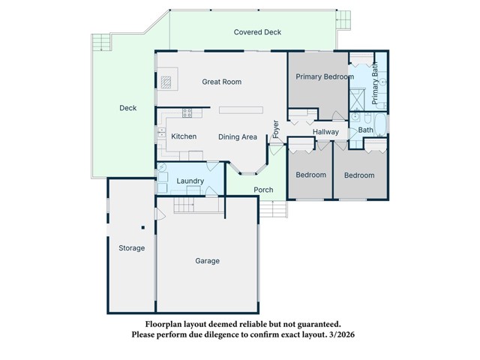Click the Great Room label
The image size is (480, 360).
pos(222,82)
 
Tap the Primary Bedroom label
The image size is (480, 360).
pos(325,77)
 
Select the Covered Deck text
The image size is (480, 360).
pos(257,32)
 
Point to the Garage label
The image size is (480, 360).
pos(208,261)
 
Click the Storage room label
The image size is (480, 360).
pos(131,248)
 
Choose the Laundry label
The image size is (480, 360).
pos(190,181)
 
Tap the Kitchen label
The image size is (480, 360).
pos(184,136)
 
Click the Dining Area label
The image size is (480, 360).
pos(238,137)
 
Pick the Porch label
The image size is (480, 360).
pos(263,190)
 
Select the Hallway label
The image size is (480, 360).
pos(326,133)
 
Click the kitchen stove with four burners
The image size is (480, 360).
pos(187,113)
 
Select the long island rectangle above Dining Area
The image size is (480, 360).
pos(241,110)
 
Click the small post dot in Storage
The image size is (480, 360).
pos(142,227)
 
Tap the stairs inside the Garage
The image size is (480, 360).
pos(187,205)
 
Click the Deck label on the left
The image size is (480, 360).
pos(128,108)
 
